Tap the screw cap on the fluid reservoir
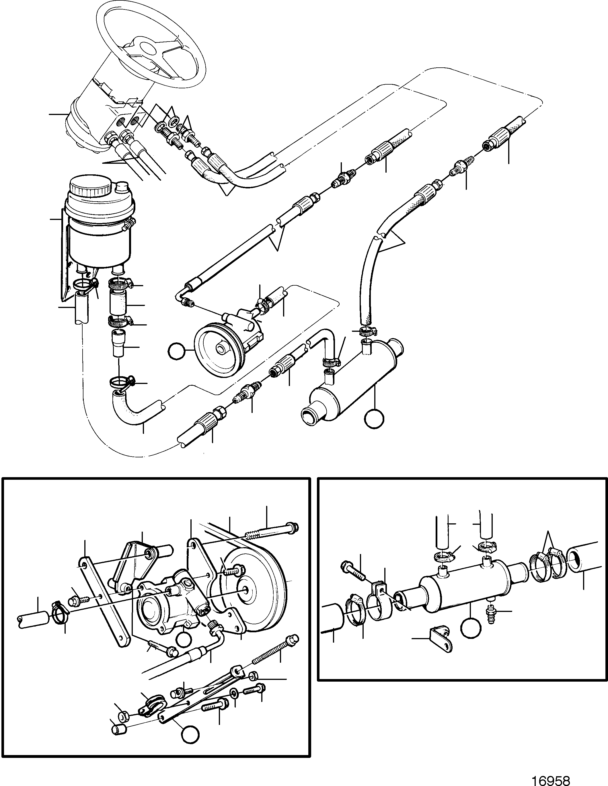pyautogui.click(x=90, y=186)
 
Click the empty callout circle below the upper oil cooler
pyautogui.click(x=374, y=419)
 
